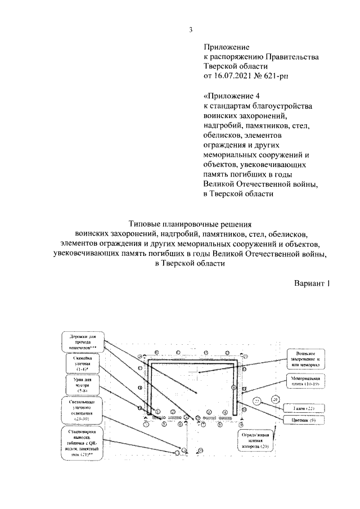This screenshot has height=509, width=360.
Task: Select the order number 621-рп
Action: [x=277, y=75]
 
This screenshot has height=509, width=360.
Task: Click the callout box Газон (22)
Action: [x=307, y=408]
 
